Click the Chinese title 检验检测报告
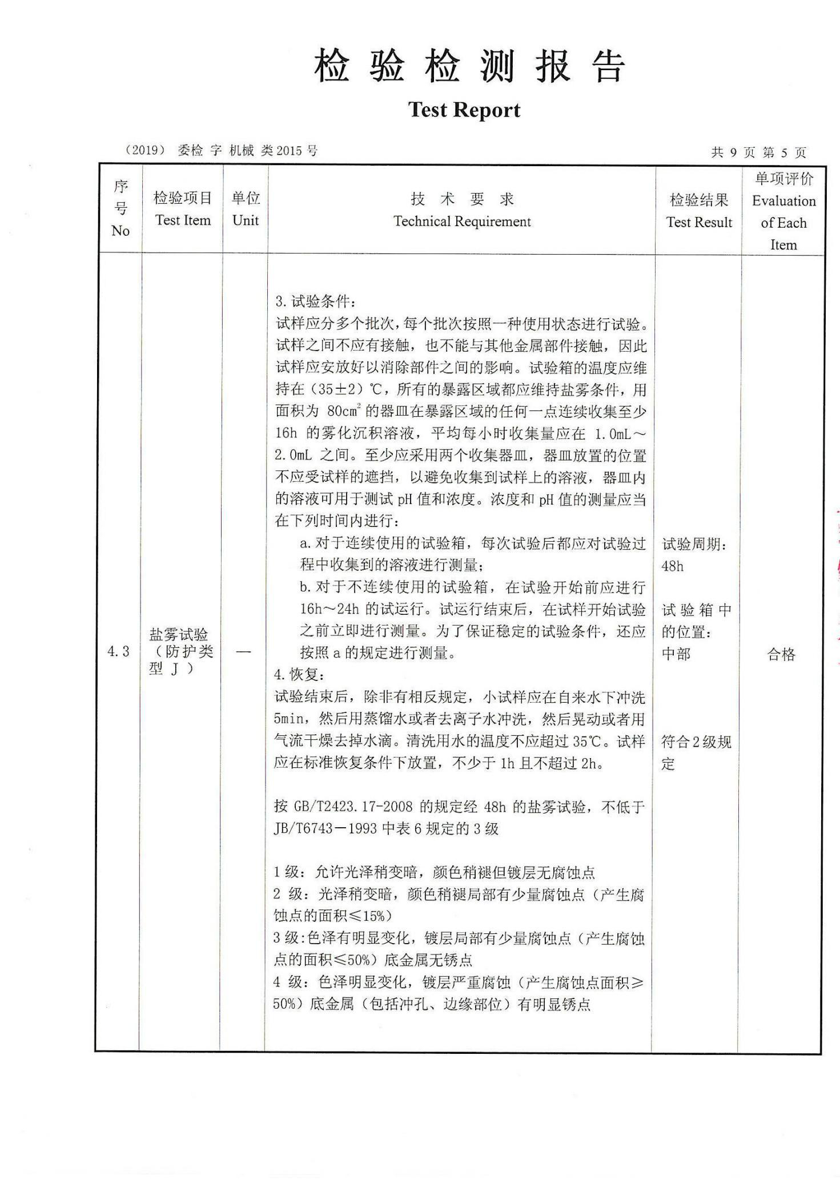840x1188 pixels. (469, 66)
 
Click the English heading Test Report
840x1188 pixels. (464, 110)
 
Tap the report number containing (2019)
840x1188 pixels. (221, 151)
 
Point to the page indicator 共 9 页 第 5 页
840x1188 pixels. (758, 152)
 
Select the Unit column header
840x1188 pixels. (246, 210)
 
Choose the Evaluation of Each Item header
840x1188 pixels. (783, 211)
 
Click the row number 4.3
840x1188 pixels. (119, 651)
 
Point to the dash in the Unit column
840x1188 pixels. (243, 652)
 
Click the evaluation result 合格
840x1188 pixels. (781, 654)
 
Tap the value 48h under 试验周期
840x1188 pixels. (673, 566)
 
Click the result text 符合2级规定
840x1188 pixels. (696, 752)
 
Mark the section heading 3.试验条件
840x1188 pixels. (315, 301)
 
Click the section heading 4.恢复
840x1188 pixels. (299, 675)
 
